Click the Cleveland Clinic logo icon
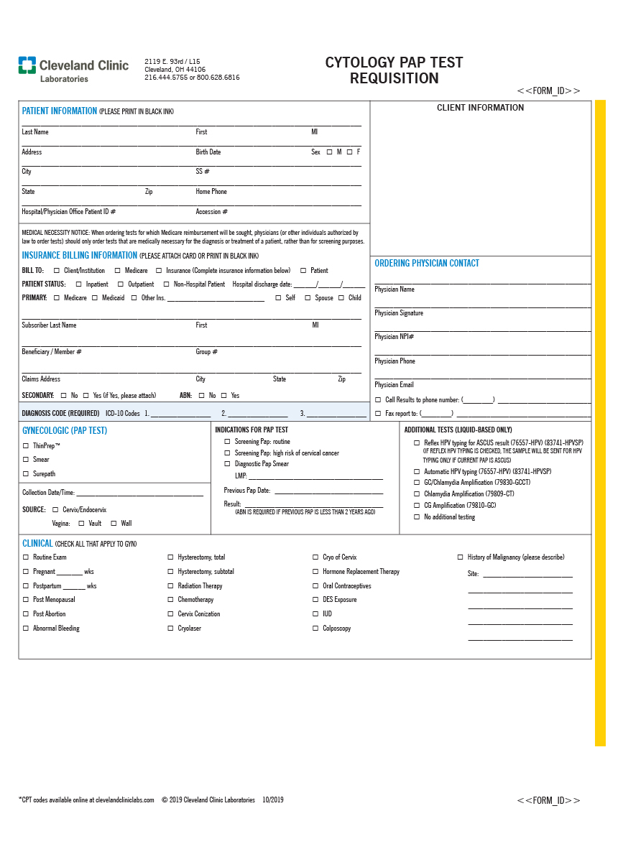tap(27, 65)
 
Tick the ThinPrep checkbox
tap(26, 446)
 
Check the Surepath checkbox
tap(26, 474)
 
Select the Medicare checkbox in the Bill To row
tap(118, 271)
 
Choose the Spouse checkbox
tap(308, 298)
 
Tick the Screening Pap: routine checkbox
tap(228, 442)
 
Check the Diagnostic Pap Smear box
tap(228, 464)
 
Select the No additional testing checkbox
tap(417, 517)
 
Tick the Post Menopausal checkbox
tap(26, 600)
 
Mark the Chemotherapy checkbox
tap(171, 600)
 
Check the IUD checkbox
tap(315, 614)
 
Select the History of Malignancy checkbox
tap(461, 557)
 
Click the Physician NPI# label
tap(394, 337)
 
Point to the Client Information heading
tap(481, 108)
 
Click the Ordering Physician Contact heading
tap(427, 264)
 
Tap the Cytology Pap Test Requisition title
tap(394, 70)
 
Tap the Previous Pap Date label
tap(247, 491)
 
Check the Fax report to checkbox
tap(379, 414)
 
